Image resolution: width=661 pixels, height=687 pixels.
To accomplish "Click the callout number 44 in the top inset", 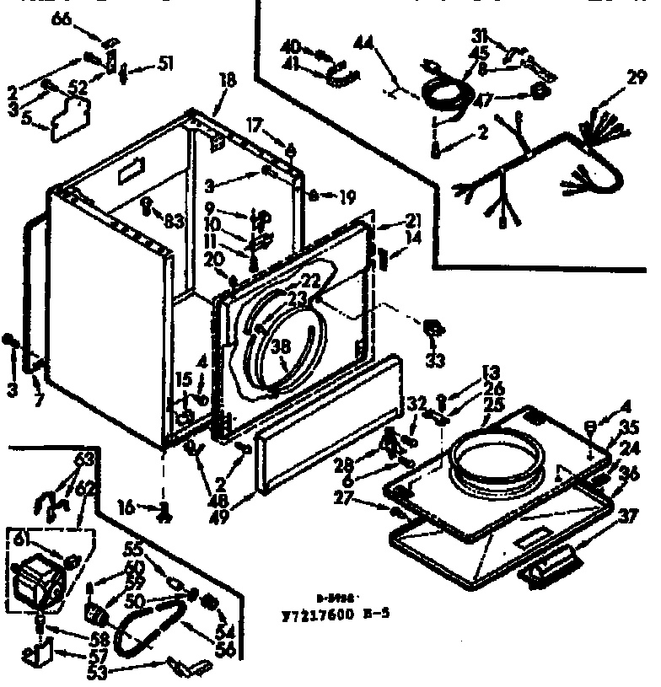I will [365, 41].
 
